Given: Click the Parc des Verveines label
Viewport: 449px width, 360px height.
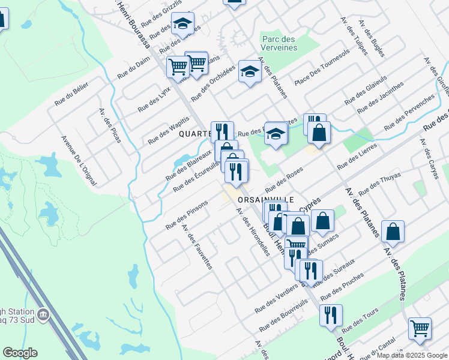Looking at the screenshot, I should (x=279, y=43).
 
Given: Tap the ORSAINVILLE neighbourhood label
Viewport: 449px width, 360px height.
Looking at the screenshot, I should (x=266, y=199).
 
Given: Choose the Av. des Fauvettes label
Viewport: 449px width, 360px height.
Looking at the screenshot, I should (x=197, y=247).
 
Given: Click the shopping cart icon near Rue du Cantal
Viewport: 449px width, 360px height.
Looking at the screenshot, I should (x=420, y=328).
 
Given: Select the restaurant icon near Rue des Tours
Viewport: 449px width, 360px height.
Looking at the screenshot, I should (x=330, y=315).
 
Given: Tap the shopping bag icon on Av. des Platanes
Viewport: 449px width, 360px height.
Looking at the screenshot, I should (x=393, y=232).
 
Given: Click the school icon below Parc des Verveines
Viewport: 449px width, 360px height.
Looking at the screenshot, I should (x=250, y=71).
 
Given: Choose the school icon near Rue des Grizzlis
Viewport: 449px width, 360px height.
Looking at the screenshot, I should (x=182, y=24).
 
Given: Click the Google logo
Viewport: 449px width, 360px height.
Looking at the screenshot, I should (x=19, y=353).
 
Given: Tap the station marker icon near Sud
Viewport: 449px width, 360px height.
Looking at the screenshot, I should (x=43, y=314).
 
